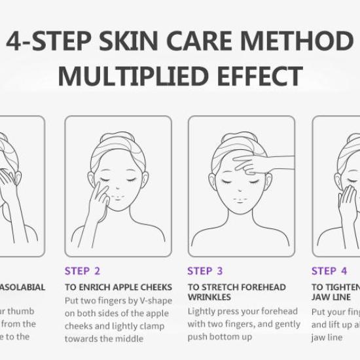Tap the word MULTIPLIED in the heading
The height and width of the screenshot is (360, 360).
130,76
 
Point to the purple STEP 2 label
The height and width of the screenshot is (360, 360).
82,271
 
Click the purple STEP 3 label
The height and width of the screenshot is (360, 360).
205,271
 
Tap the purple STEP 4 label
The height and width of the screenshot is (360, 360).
329,271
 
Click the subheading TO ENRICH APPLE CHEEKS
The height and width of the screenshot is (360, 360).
118,287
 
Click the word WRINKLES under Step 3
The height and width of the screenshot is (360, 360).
209,297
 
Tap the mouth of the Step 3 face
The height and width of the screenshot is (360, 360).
240,199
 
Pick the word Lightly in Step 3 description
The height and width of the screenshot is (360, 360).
203,312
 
